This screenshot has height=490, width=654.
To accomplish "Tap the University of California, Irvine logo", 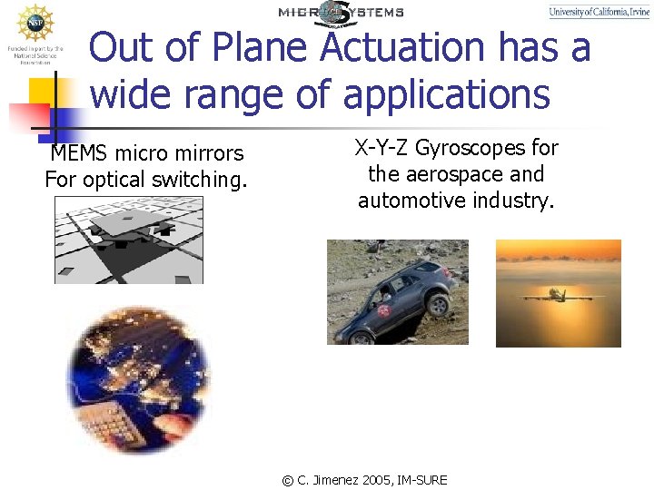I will click(599, 12).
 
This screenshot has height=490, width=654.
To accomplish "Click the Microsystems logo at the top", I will click(341, 12).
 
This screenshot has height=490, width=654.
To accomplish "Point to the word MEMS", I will click(78, 153).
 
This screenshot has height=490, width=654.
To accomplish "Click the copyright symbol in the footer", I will click(288, 480).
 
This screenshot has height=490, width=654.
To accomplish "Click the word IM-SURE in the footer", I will click(425, 479).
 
